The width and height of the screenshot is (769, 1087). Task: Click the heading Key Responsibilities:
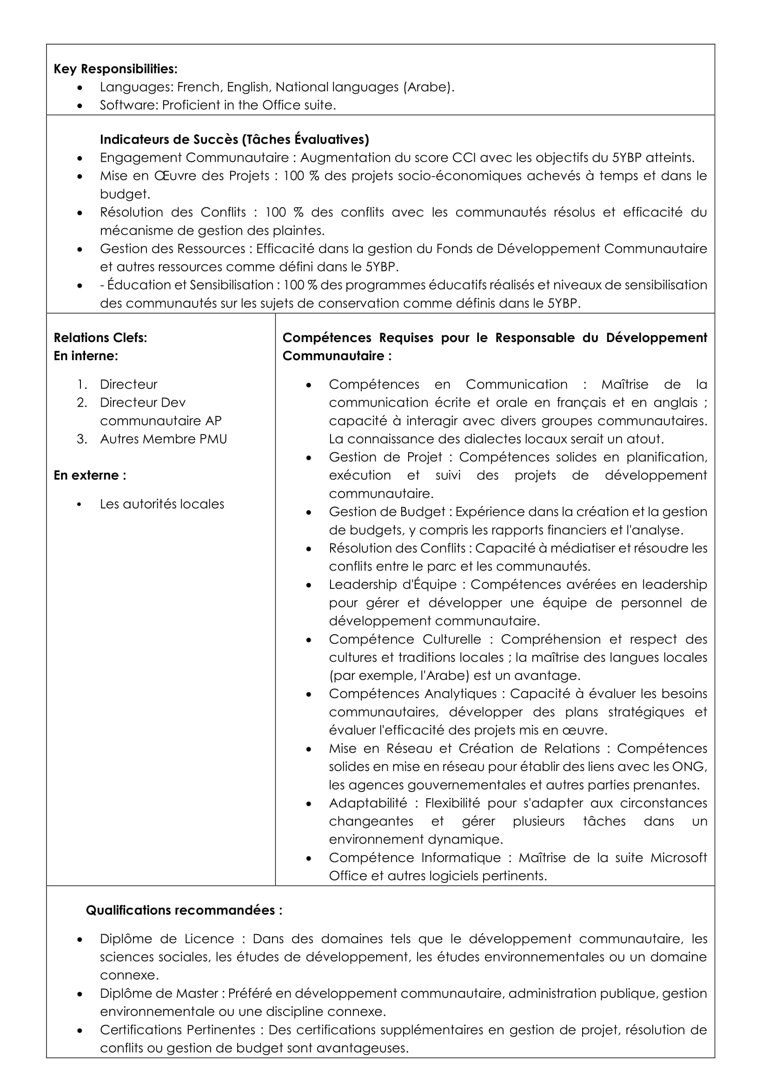(x=116, y=69)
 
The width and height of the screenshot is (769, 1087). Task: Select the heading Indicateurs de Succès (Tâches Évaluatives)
(x=234, y=140)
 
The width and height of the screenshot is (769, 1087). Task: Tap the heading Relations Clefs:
(x=100, y=338)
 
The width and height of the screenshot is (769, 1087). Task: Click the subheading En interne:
(x=86, y=356)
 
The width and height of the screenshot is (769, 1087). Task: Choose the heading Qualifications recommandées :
(x=184, y=910)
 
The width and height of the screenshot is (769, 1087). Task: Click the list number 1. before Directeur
(x=82, y=384)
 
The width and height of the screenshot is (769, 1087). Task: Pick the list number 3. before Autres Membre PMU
(x=82, y=439)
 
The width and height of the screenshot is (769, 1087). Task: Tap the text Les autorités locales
(x=162, y=504)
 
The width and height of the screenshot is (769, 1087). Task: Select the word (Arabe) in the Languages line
(x=428, y=87)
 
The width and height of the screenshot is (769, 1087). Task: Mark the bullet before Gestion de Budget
(x=309, y=512)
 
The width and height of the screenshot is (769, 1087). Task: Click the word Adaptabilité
(x=368, y=804)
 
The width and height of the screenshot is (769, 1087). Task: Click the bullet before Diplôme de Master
(x=80, y=994)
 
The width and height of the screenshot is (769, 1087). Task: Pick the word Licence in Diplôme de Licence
(x=209, y=939)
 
